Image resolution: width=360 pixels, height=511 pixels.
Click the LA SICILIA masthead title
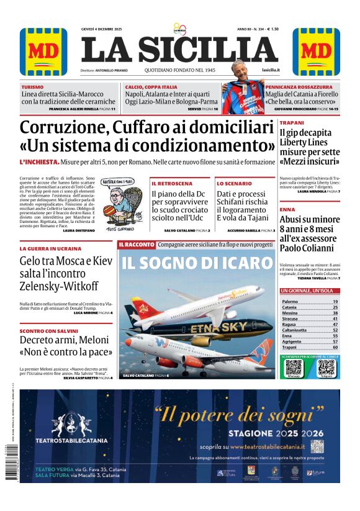pos(179,50)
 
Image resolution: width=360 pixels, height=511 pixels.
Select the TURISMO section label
pos(32,87)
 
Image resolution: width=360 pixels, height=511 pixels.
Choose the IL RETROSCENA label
pos(172,184)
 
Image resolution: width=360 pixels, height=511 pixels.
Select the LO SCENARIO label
pos(235,184)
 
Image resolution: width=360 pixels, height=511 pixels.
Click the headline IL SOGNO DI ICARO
pos(197,262)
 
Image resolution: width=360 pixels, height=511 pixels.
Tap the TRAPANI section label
pos(292,123)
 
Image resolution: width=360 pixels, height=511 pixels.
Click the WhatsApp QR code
pos(294,367)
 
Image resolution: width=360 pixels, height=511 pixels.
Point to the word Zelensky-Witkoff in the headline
pos(59,286)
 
